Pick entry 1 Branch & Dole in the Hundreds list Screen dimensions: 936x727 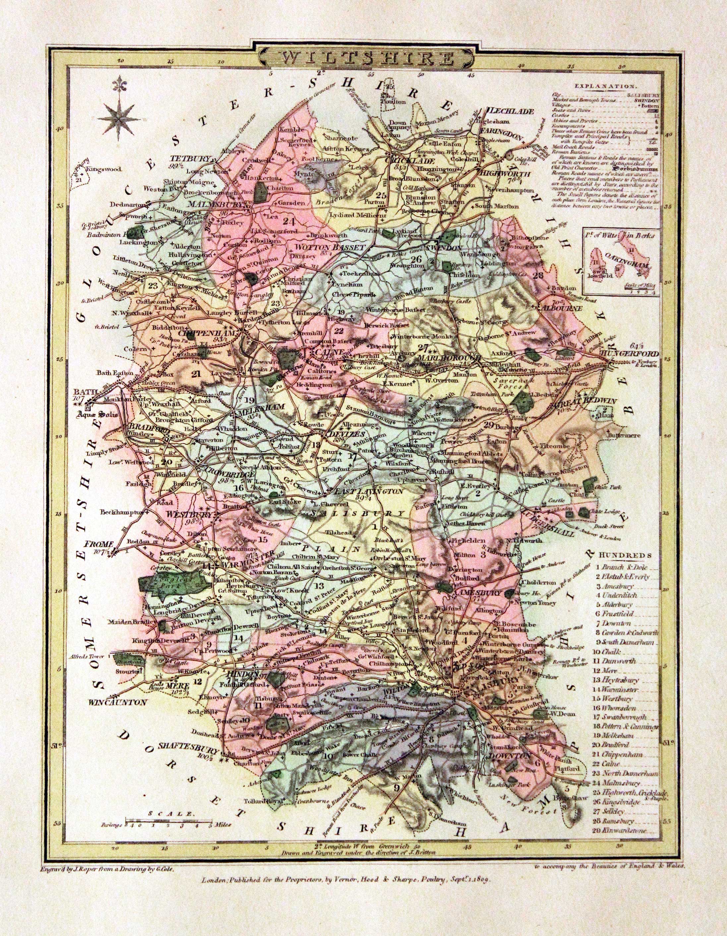coord(620,566)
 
